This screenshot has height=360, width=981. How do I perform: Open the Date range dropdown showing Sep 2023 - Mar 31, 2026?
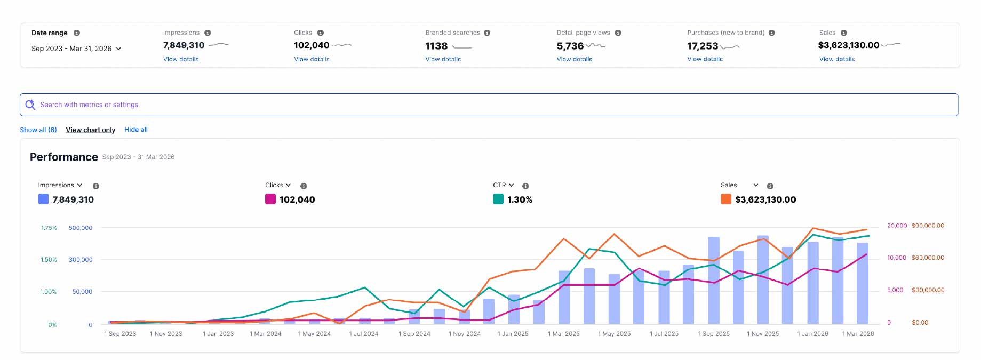76,49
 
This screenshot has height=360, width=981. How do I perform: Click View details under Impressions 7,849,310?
181,59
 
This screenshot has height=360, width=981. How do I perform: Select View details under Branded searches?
443,59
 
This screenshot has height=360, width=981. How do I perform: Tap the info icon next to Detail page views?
618,33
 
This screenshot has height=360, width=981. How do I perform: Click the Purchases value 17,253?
703,46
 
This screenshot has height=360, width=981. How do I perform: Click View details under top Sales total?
837,59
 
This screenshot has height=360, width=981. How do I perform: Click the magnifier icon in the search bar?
30,105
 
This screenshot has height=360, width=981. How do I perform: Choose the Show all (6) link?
38,130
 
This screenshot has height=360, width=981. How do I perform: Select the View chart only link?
91,130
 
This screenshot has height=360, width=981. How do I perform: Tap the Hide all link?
136,130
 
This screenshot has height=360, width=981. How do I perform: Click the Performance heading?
64,157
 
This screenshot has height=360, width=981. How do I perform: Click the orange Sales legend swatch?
726,199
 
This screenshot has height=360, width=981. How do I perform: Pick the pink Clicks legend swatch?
270,199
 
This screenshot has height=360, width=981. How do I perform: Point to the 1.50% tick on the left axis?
49,260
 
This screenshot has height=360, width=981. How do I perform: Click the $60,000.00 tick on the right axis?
928,258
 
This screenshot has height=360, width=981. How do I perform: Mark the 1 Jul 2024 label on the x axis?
364,334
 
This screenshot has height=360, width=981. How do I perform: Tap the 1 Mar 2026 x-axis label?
858,334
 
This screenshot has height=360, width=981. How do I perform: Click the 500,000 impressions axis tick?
81,228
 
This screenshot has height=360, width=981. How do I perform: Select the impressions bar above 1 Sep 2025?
714,281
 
